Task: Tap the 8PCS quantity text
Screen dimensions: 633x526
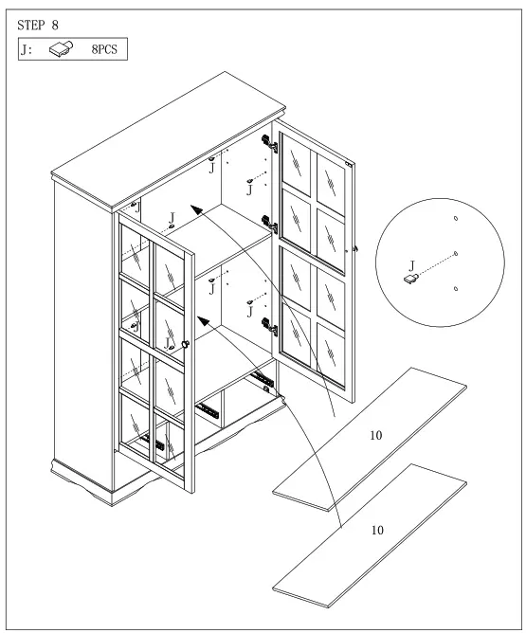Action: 105,47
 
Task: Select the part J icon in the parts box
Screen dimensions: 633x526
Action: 62,47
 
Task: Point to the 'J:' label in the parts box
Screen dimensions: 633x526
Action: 27,47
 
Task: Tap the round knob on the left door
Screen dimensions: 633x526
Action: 187,343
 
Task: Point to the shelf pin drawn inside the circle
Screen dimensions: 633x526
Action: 412,280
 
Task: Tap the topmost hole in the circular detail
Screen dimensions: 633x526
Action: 456,218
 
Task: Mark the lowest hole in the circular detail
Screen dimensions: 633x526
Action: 457,287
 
